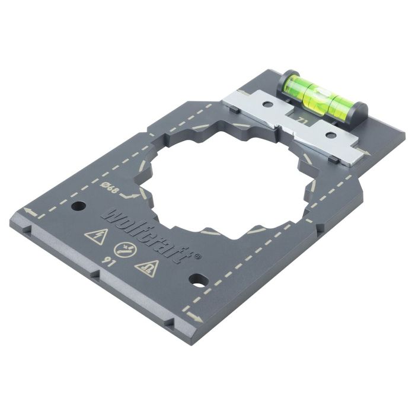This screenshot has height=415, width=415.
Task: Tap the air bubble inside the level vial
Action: tap(323, 91)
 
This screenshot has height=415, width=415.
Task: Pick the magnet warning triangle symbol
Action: tap(146, 269)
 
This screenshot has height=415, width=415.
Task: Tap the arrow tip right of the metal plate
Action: tap(368, 153)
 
